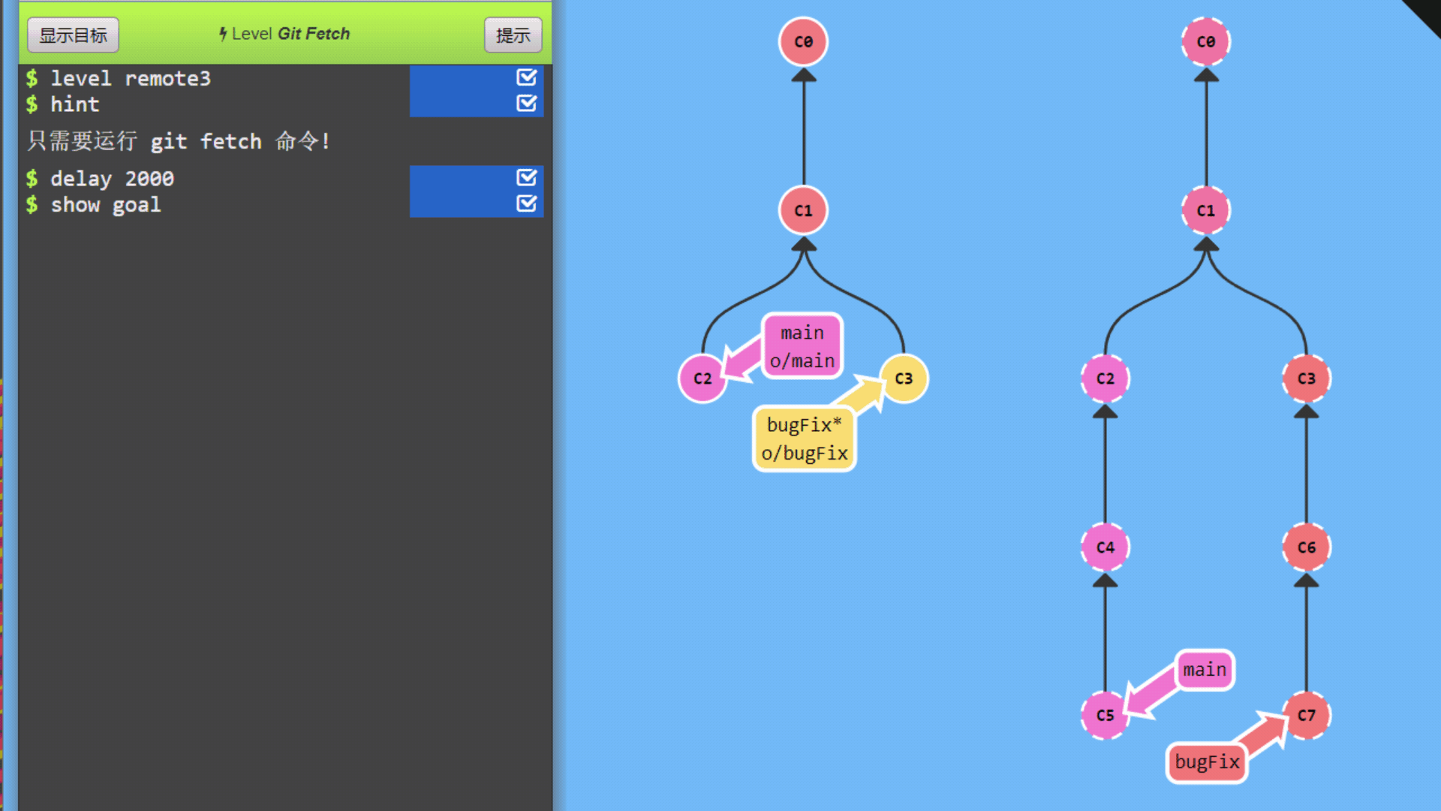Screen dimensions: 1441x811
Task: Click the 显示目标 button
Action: (73, 35)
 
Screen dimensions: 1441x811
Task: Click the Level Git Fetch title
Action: (284, 34)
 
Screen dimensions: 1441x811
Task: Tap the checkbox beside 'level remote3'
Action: (526, 77)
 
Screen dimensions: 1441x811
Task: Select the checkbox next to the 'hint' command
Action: (526, 103)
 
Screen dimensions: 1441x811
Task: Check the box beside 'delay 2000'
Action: (526, 178)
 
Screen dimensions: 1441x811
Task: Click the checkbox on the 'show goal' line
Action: (526, 204)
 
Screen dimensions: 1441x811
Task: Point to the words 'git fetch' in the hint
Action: (206, 141)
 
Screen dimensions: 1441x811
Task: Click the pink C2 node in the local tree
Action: (702, 378)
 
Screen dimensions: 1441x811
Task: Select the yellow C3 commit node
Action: (904, 378)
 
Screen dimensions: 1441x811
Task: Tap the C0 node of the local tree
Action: (803, 41)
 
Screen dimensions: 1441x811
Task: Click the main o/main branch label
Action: (802, 346)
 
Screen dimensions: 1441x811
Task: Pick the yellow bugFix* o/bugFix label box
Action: (805, 439)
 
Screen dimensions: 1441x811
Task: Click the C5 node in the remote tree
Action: (1105, 715)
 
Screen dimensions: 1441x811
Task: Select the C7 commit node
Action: (1306, 715)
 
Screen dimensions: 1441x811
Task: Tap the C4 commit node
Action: (1105, 547)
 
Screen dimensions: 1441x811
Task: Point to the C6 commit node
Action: (1306, 547)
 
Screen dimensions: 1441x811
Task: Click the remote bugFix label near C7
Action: (1207, 762)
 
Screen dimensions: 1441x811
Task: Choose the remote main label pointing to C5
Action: (1205, 669)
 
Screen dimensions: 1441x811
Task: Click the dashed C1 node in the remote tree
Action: (1205, 210)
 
